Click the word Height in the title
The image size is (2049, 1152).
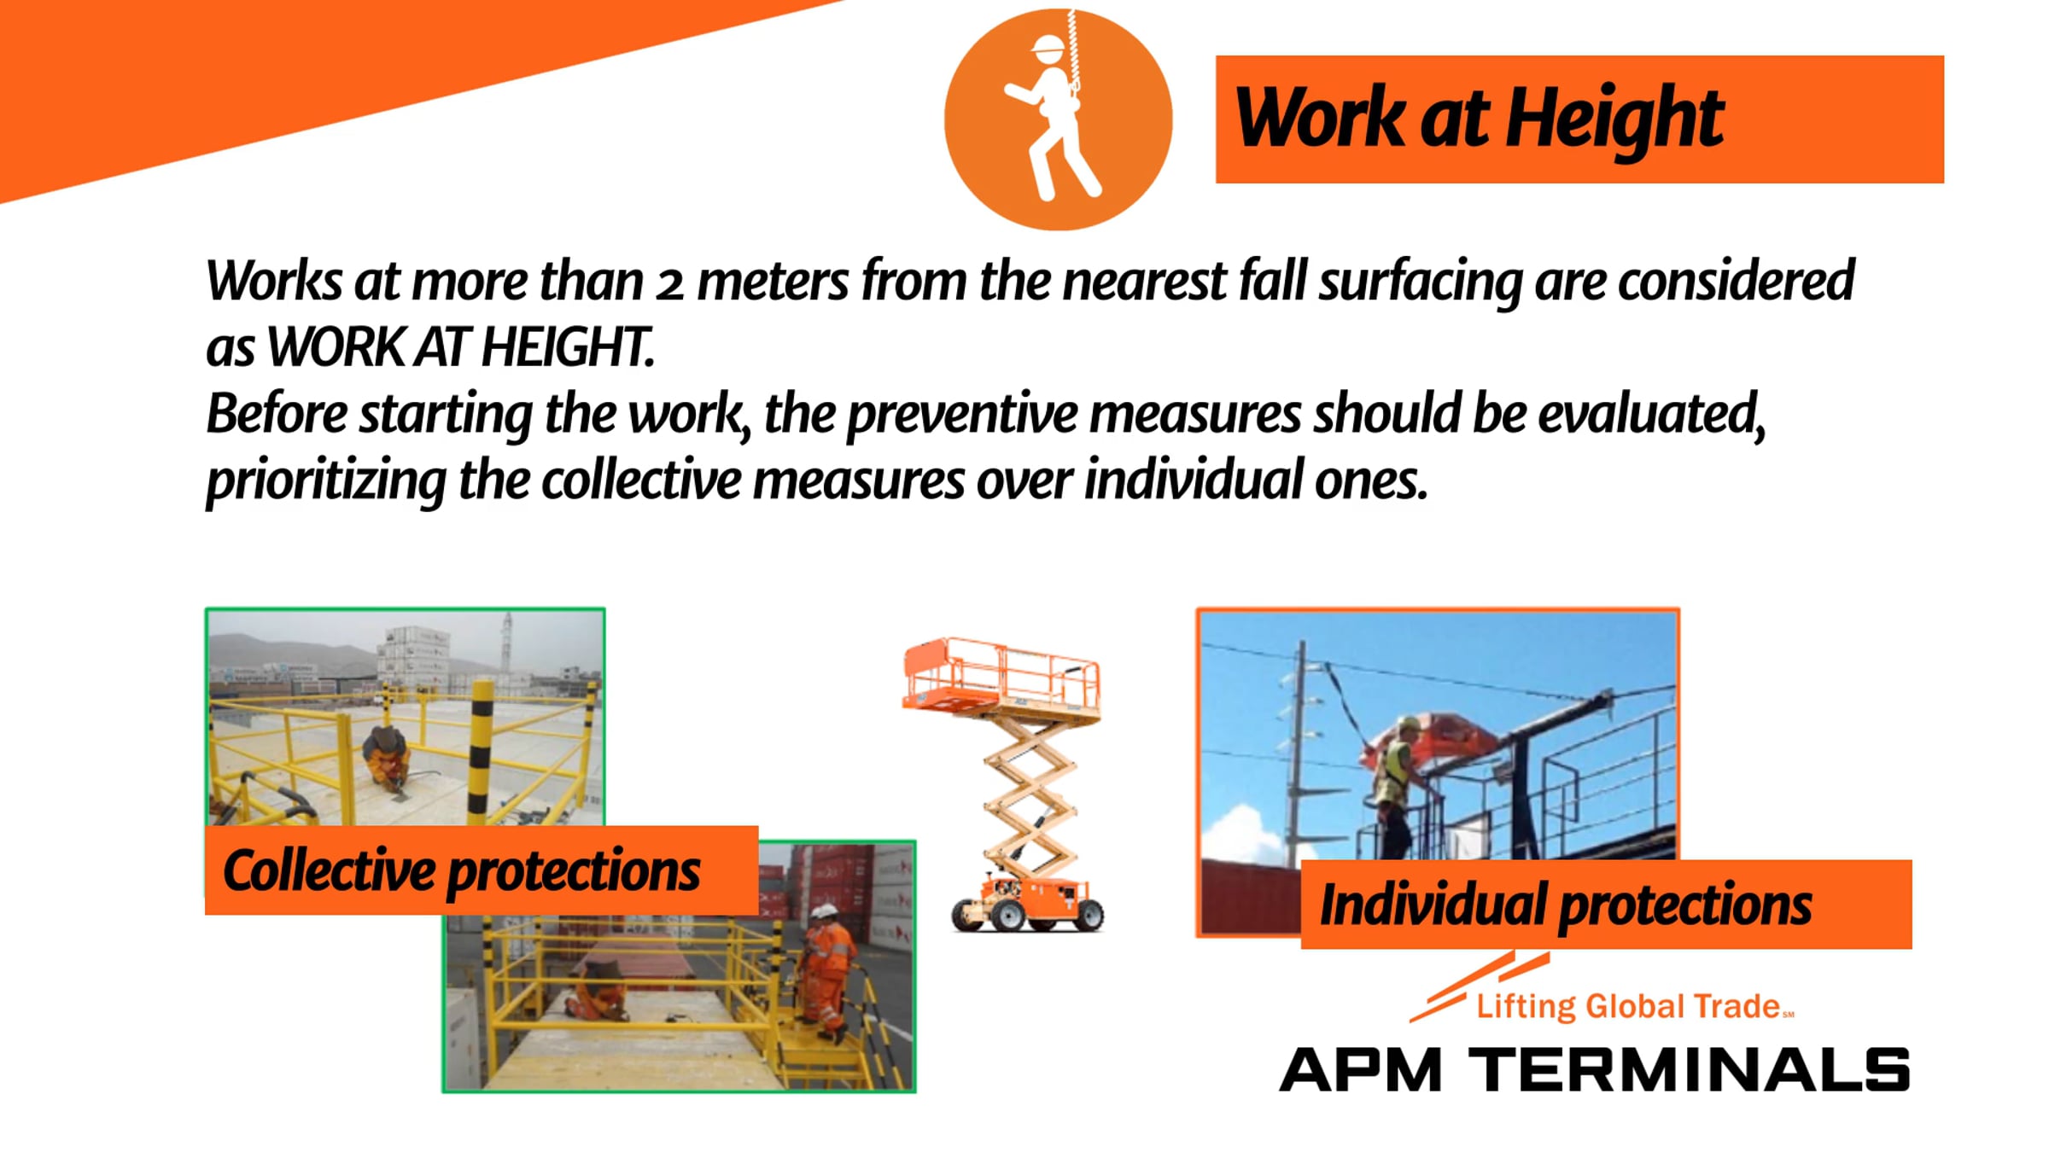coord(1614,120)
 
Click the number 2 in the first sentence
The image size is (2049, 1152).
coord(669,282)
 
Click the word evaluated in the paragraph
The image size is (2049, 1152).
coord(1651,414)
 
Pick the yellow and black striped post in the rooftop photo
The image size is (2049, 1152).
coord(481,751)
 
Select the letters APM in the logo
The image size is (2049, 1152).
coord(1361,1070)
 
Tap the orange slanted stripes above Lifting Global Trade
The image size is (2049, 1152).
coord(1480,986)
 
